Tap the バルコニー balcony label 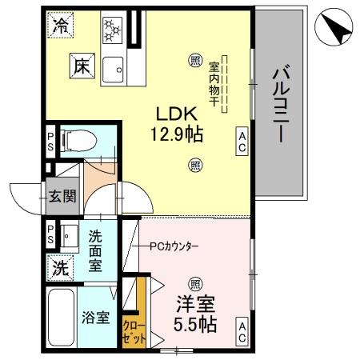tap(279, 105)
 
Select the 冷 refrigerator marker tap(61, 26)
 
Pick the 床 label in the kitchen tap(82, 66)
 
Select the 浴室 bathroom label tap(96, 318)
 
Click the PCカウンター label tap(174, 245)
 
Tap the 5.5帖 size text tap(196, 324)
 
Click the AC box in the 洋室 tap(241, 332)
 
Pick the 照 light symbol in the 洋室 tap(195, 284)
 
